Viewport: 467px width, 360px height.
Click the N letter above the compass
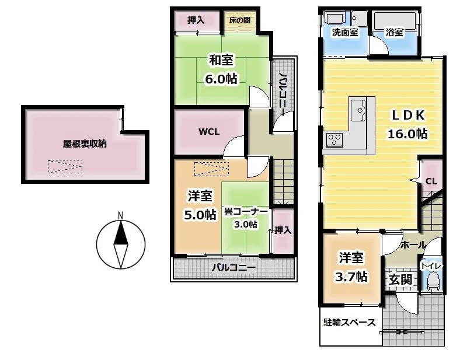(121, 215)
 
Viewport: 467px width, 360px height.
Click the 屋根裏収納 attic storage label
(85, 144)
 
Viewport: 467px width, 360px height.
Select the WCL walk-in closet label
(209, 132)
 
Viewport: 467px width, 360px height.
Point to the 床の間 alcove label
(240, 20)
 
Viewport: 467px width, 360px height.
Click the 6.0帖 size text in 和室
(221, 79)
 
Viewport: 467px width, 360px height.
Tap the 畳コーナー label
(246, 212)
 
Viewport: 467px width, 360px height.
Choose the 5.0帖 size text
(200, 214)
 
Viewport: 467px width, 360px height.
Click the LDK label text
(408, 116)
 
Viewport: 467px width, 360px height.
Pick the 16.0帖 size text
(407, 134)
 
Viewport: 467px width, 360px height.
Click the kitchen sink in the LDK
(358, 110)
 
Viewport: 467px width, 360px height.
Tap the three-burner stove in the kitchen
(334, 140)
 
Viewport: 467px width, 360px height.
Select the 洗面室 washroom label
(345, 32)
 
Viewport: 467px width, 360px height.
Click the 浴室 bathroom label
(395, 32)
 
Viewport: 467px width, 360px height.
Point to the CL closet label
(431, 181)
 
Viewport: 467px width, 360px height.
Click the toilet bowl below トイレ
(433, 282)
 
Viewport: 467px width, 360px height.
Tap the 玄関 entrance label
(400, 279)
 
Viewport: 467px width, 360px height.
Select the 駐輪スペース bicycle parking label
(350, 322)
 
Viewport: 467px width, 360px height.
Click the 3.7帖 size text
(351, 277)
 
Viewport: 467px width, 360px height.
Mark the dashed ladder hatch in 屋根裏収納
(65, 166)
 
